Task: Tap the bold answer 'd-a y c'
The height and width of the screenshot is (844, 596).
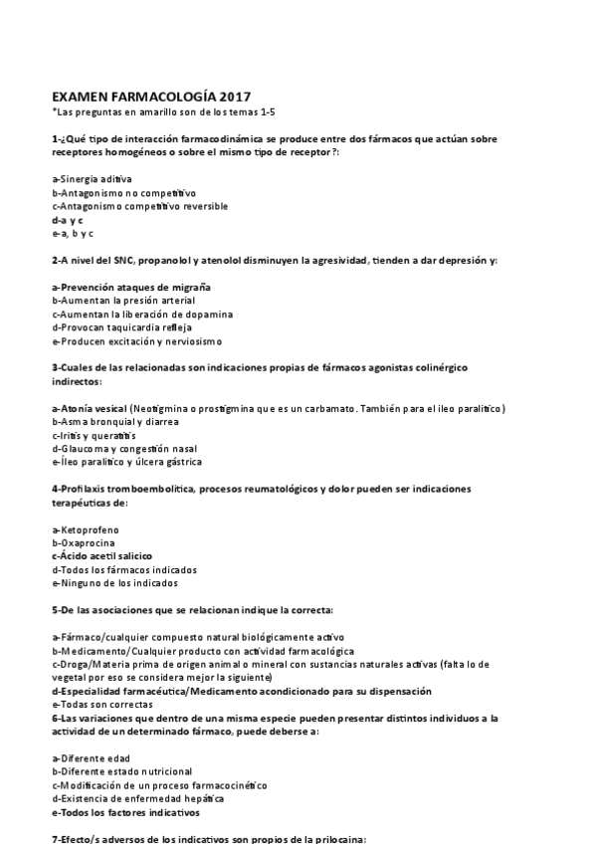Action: pos(68,219)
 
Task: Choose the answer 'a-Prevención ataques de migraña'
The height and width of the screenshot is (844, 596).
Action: pos(130,287)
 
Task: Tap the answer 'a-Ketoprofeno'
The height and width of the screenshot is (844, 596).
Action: pos(83,529)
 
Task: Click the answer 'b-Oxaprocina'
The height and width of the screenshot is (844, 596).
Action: pos(81,542)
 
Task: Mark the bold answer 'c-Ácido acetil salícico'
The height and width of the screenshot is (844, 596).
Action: pos(102,556)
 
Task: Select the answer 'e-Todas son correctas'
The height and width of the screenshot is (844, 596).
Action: pos(99,704)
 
